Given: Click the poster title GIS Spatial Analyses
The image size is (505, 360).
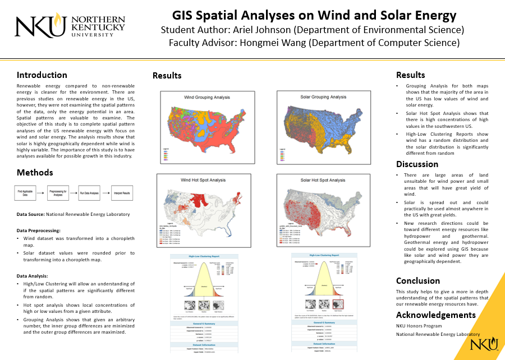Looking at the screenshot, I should pos(314,15).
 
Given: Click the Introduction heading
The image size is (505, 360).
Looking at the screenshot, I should pos(42,75).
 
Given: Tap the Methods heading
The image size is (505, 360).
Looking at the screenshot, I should pos(35,172).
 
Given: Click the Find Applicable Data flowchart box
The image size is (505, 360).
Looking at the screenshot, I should pos(26,193).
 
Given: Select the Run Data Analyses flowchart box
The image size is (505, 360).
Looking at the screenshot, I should pos(89,193).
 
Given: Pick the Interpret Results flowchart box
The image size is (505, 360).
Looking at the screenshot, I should pos(122,193).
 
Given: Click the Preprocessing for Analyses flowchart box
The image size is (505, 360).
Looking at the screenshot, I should pos(58,193).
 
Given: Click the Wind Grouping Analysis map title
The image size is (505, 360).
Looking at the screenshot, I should pos(207,97).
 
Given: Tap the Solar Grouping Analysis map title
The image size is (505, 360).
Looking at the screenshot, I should pos(323,97).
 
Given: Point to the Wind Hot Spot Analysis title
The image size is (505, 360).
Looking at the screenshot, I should pos(203,180).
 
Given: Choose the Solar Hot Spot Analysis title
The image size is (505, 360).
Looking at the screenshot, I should pos(323,180).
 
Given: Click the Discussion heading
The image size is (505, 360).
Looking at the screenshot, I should pos(417,164).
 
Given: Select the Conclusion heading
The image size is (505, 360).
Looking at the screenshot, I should pos(418,280).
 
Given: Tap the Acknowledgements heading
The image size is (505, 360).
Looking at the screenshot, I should pos(435,315).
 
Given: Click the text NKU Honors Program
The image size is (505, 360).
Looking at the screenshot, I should pos(419,326).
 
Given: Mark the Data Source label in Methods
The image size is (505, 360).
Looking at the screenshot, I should pos(34,214).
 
